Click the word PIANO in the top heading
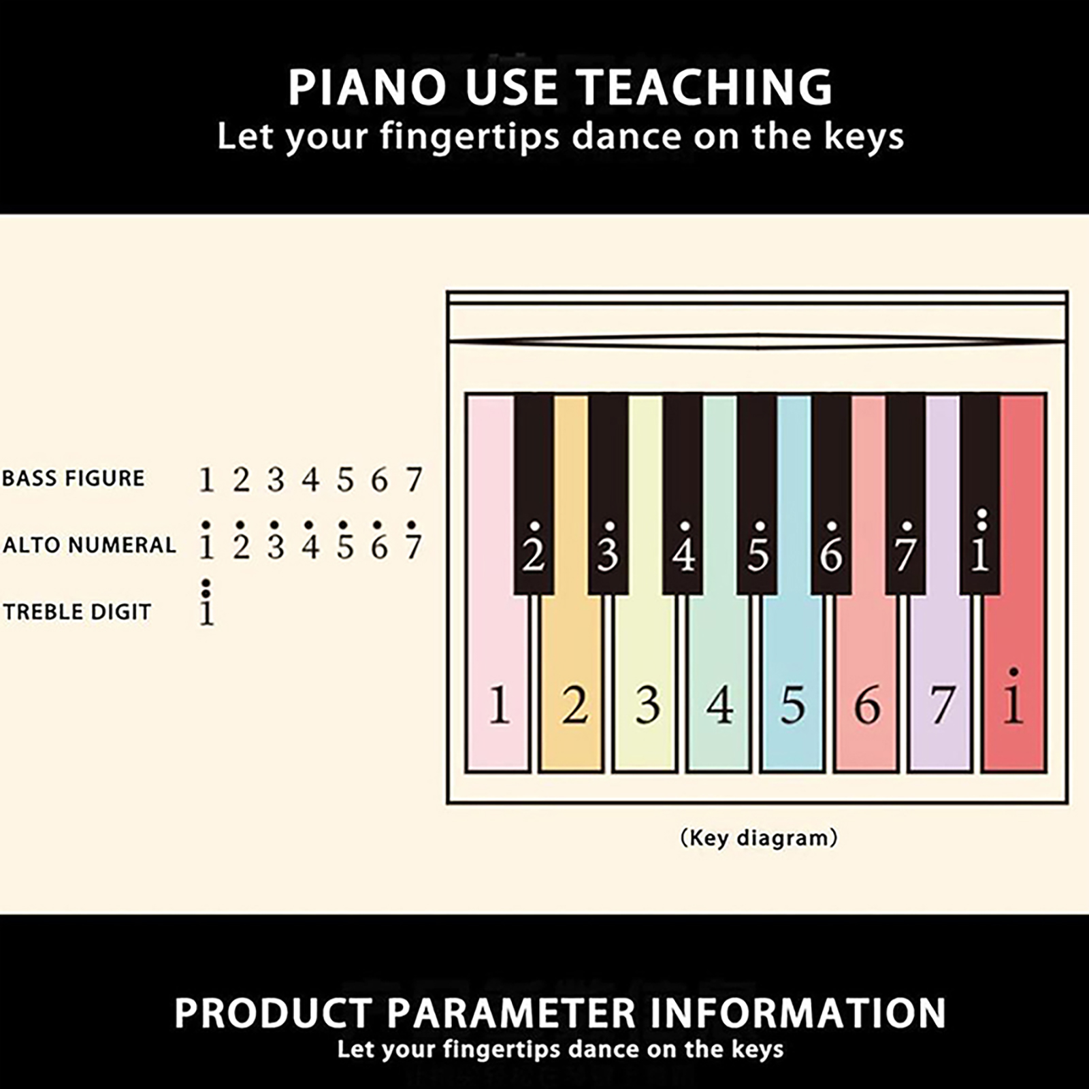(x=367, y=87)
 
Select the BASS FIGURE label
(x=74, y=478)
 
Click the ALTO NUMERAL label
(x=89, y=545)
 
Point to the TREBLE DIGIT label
(x=77, y=612)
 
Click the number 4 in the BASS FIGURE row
(x=310, y=480)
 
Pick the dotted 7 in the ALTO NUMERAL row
(x=413, y=541)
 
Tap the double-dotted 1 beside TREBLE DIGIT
(x=206, y=602)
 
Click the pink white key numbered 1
(x=498, y=681)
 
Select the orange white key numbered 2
(x=572, y=681)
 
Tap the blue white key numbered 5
(x=792, y=681)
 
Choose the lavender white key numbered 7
(x=940, y=681)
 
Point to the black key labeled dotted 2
(x=534, y=494)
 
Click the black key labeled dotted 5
(x=757, y=494)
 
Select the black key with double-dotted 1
(x=979, y=494)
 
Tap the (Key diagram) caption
(x=759, y=837)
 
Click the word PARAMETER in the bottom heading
(x=511, y=1013)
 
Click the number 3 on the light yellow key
(x=647, y=705)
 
